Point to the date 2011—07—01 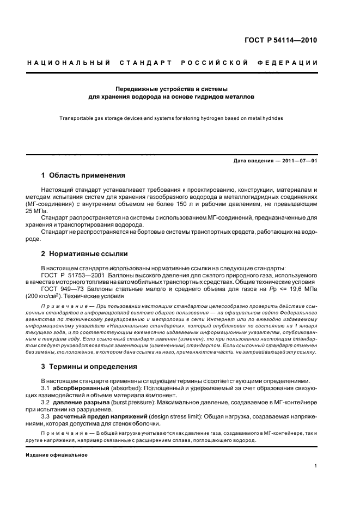(300, 161)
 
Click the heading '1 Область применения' (83, 175)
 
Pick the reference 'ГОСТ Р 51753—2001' (70, 275)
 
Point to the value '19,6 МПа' (303, 289)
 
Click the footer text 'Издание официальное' (56, 455)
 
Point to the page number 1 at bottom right (316, 465)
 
